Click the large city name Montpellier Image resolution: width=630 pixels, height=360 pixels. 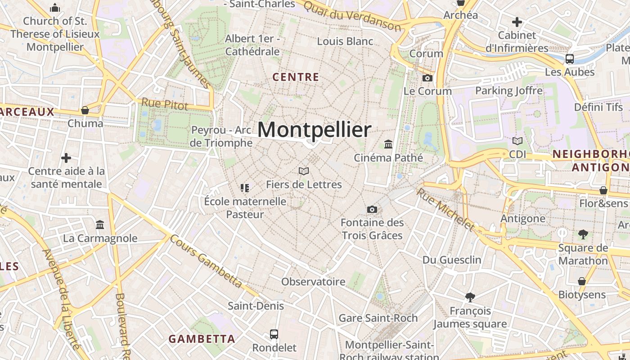click(314, 130)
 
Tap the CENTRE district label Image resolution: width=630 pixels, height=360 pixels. click(296, 77)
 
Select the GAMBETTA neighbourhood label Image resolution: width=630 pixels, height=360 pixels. click(202, 339)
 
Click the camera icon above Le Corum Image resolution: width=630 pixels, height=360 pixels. click(427, 78)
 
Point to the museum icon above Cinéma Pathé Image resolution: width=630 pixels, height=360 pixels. click(388, 144)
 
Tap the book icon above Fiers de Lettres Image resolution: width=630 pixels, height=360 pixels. click(304, 171)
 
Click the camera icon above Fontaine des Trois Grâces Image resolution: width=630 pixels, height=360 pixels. click(372, 209)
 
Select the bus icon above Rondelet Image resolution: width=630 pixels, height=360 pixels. click(274, 334)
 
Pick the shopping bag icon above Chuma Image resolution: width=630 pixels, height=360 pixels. click(85, 110)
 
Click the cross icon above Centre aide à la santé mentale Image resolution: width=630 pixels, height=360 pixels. click(66, 158)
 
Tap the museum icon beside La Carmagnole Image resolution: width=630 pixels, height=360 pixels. click(100, 225)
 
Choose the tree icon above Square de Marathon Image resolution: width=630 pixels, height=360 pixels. click(583, 234)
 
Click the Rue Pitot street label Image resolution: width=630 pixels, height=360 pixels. click(165, 104)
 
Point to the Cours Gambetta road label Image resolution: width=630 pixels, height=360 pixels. click(206, 261)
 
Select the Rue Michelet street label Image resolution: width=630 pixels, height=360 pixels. click(445, 209)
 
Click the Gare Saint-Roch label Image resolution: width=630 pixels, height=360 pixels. click(378, 318)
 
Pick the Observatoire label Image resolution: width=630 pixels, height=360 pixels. click(313, 282)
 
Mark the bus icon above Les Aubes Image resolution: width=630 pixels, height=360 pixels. click(569, 59)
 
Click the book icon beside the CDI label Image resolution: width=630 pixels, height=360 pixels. click(517, 141)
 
